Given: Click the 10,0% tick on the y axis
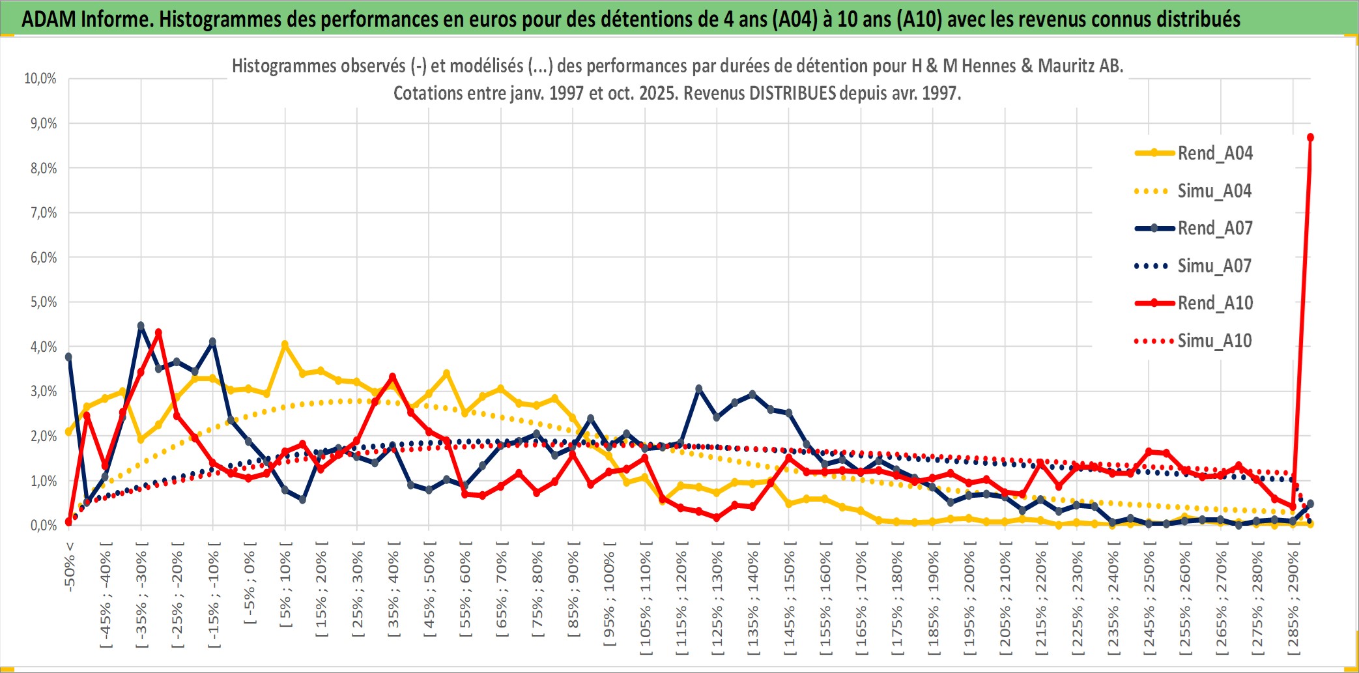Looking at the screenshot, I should (40, 79).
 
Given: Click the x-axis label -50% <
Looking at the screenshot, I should (70, 567).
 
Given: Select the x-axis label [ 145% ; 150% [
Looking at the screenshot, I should (790, 600).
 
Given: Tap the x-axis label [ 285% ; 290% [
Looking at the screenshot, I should (1294, 600).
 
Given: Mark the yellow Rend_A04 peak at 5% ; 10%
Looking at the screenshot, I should (285, 344).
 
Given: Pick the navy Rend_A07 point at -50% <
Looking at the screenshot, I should (68, 357).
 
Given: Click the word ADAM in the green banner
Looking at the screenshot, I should (49, 19).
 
